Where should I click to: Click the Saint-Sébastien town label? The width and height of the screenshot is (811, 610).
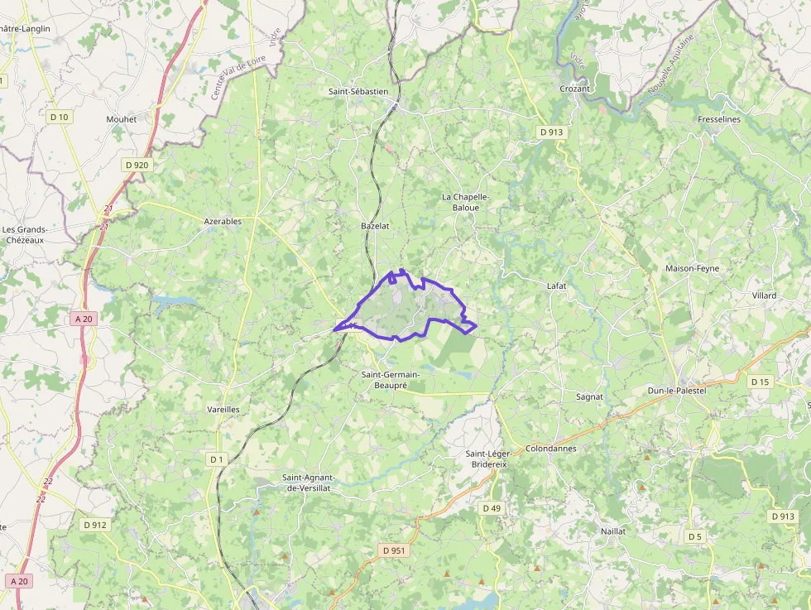coord(358,91)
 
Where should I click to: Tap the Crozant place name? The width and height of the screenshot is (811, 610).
coord(574,89)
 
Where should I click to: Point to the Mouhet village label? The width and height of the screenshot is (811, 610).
coord(121,119)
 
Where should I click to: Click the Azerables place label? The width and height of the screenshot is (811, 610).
coord(223,221)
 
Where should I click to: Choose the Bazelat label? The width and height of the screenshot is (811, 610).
coord(375,225)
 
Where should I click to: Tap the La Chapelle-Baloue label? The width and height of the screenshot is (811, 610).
coord(466,202)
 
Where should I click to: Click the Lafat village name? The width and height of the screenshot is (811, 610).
coord(557,286)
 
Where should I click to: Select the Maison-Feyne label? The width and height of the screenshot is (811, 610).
coord(693,268)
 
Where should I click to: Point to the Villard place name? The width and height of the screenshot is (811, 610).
coord(765,295)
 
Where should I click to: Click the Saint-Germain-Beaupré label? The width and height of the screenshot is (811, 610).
coord(391,380)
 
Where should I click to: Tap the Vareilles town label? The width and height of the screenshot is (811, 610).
coord(223,409)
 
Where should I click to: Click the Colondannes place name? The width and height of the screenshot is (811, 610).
coord(550,449)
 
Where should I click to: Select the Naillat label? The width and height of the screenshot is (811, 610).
coord(613,530)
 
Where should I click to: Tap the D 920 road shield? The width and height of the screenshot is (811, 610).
coord(137,165)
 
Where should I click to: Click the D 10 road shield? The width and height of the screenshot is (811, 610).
coord(60,117)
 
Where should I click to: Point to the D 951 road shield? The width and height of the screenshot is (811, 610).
coord(395,550)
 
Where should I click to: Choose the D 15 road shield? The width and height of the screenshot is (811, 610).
coord(760,382)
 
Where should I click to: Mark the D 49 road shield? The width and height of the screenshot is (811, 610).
coord(491,507)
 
